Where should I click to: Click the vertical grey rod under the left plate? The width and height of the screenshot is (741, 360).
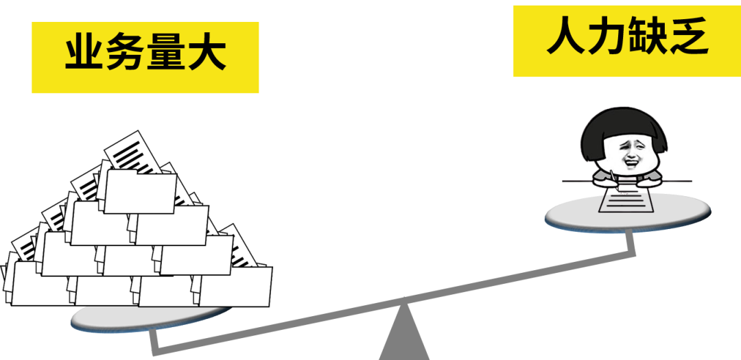[x=154, y=339]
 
